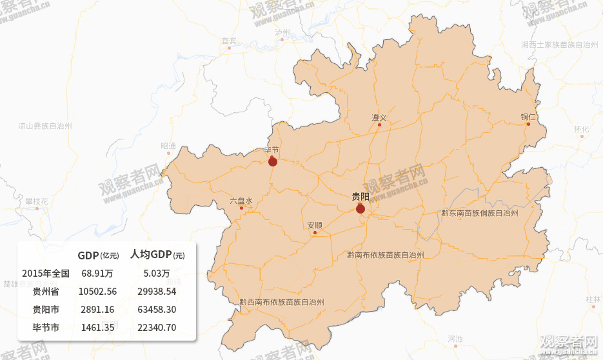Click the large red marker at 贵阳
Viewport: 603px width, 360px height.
point(361,208)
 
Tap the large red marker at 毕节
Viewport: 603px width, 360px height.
point(273,161)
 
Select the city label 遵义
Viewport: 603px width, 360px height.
point(379,117)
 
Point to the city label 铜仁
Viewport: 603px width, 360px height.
point(529,117)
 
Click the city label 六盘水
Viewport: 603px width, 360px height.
point(241,201)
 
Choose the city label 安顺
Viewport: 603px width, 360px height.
point(315,225)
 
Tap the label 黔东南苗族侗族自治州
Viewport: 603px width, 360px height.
point(480,212)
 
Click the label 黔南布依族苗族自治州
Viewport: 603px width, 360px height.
point(385,255)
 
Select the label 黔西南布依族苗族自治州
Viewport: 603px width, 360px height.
point(281,301)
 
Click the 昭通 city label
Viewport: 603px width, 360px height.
point(168,146)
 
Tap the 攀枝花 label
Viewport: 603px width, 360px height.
point(37,201)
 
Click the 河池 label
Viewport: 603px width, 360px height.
point(455,339)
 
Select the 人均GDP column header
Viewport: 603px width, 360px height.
point(157,255)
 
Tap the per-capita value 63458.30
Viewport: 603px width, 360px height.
point(157,310)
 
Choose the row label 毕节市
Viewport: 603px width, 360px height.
point(46,328)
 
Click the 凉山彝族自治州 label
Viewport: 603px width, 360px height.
point(45,126)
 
